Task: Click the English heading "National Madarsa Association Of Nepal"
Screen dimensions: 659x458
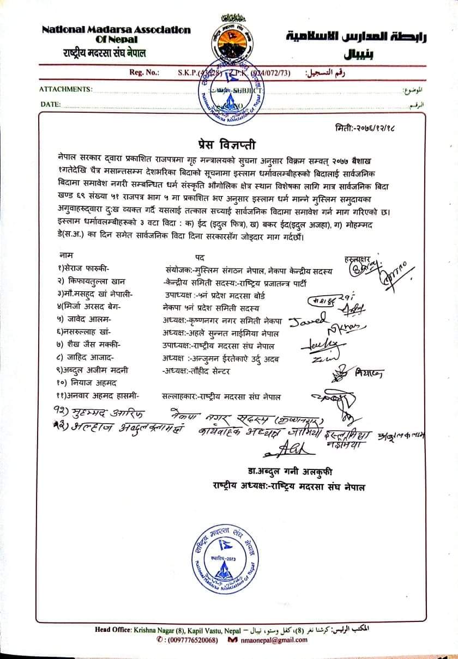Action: click(116, 34)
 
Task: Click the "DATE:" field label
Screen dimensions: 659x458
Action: click(50, 104)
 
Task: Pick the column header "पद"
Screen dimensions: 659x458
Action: click(200, 256)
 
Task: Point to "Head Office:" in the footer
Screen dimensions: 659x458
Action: click(113, 630)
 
